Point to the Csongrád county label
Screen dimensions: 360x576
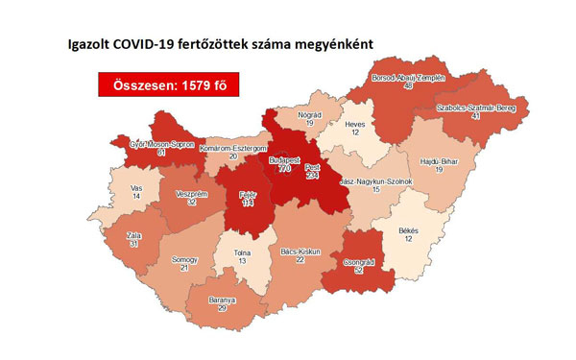(357, 262)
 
